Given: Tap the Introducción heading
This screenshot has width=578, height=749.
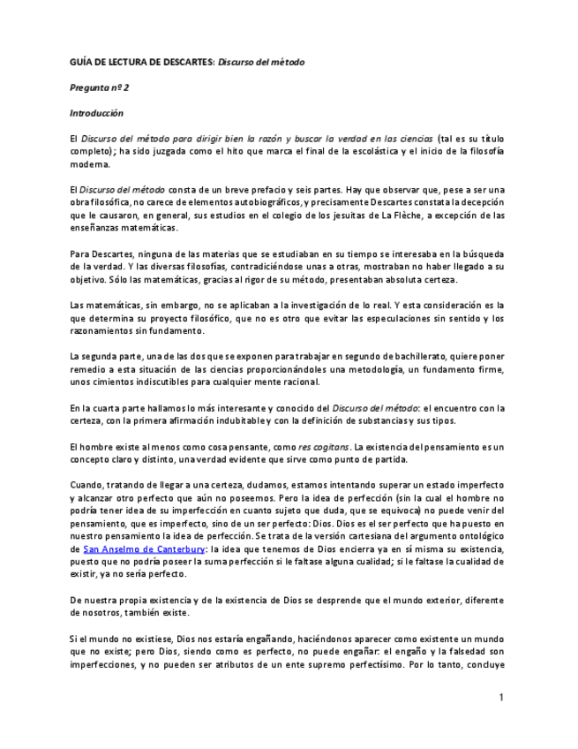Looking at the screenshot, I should [97, 113].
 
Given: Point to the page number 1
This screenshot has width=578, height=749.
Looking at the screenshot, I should [501, 698].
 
